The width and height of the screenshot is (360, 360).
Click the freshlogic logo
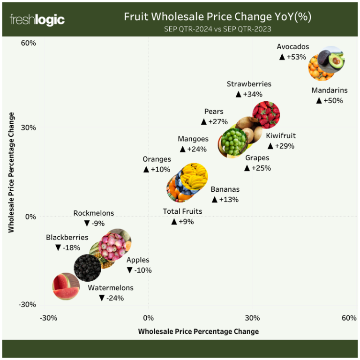tap(37, 20)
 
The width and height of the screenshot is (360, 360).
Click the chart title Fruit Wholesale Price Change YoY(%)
tap(217, 17)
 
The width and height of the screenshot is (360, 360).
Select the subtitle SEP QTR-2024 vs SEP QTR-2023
tap(217, 29)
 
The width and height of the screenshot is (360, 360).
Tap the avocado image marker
tap(332, 59)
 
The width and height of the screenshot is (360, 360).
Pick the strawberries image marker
tap(266, 115)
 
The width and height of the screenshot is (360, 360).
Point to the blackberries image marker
tap(87, 268)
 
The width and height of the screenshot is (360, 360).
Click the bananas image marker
tap(194, 176)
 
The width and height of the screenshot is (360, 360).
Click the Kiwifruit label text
tap(281, 136)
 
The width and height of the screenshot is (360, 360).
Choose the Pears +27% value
tap(218, 122)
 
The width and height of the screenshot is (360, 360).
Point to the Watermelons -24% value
tap(115, 298)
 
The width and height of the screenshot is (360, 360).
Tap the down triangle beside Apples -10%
tap(130, 270)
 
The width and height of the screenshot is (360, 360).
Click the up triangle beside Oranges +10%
tap(146, 169)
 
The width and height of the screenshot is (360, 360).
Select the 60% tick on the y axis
tap(29, 43)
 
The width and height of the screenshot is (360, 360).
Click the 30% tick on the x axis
tap(253, 318)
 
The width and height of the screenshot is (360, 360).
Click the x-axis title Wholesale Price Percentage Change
tap(198, 331)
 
